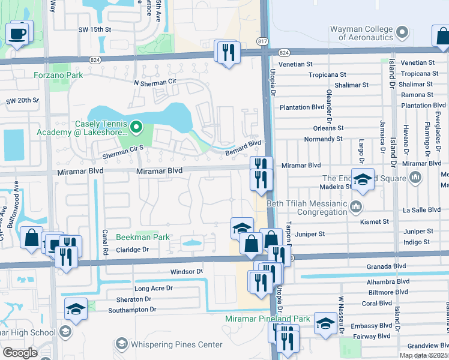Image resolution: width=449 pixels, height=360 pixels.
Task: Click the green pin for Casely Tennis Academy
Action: click(136, 127)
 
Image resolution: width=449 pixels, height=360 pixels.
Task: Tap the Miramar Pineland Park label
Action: click(267, 319)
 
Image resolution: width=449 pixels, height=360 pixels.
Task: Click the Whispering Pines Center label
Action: click(177, 344)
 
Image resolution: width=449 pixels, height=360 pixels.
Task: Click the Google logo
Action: click(20, 353)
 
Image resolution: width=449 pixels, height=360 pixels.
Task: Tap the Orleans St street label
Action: click(328, 128)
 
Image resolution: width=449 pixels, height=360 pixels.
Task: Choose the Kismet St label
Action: click(375, 221)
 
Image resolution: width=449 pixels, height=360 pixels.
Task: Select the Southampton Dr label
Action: click(132, 310)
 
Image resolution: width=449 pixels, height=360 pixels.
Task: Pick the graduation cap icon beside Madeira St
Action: click(363, 179)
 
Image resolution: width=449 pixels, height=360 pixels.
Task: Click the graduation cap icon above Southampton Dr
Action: click(76, 308)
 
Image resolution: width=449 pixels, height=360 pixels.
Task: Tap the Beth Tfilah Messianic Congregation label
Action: click(311, 207)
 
